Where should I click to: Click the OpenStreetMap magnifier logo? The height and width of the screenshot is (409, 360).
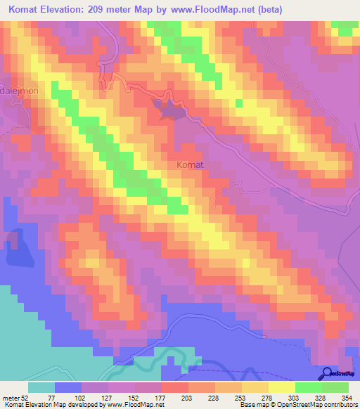(x=328, y=374)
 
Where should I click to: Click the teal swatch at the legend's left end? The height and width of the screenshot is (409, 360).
(x=41, y=387)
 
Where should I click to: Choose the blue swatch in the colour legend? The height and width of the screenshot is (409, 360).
(x=68, y=387)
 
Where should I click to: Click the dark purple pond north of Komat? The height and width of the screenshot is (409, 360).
(x=171, y=110)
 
